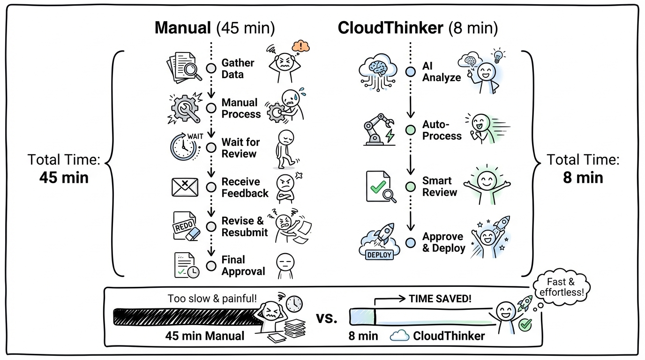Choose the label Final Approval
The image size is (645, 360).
(x=243, y=265)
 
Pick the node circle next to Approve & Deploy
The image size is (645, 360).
(x=411, y=242)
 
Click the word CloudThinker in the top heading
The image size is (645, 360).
(x=390, y=28)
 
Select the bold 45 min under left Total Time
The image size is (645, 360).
(x=64, y=178)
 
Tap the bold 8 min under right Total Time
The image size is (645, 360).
(x=583, y=178)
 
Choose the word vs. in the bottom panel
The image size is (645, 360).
(x=326, y=318)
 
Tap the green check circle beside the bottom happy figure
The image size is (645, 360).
(x=525, y=324)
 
